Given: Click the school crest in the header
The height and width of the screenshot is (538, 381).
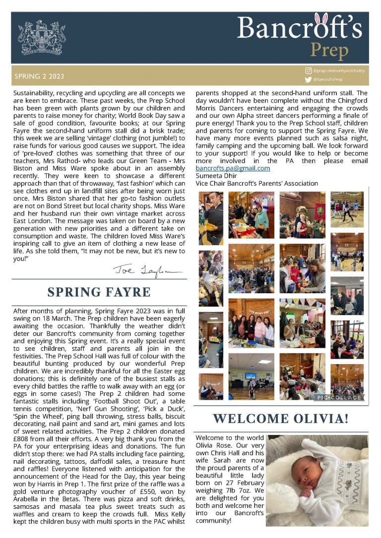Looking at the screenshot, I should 42,38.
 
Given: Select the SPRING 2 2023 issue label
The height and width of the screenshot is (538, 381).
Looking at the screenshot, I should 39,77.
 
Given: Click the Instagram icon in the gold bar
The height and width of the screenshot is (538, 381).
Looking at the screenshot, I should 309,72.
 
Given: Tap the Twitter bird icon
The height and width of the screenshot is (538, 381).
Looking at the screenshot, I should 308,80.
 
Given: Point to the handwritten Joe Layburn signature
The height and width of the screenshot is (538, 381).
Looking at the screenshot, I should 147,270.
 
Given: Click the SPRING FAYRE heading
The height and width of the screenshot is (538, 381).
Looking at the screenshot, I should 99,291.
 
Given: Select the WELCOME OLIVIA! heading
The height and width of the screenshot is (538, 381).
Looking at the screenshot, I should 281,418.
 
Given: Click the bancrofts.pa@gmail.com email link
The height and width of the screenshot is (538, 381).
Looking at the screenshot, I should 233,168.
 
